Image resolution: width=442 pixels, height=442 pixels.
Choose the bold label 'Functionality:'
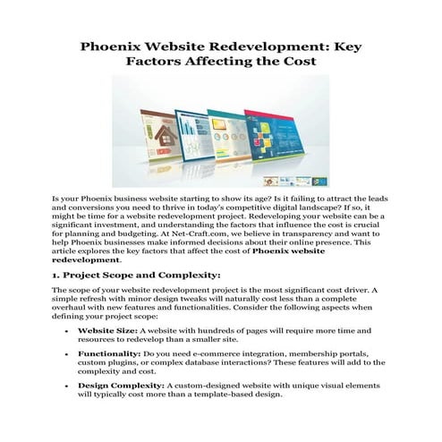click(x=108, y=355)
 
